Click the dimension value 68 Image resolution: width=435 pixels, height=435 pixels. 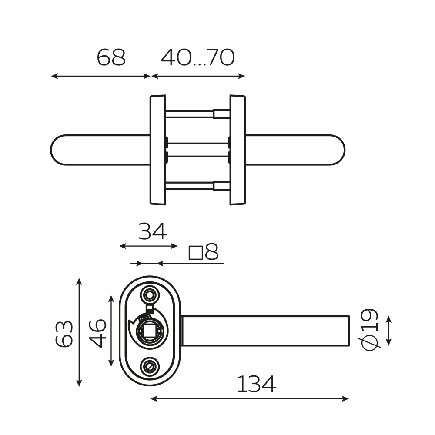[111, 58]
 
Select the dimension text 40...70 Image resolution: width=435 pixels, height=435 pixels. [198, 58]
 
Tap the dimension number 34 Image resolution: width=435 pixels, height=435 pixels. [152, 232]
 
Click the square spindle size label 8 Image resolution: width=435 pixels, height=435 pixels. [204, 252]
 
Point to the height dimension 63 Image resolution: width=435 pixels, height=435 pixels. [64, 334]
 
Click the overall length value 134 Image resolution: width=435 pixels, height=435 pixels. [256, 385]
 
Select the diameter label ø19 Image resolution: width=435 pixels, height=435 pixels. [370, 329]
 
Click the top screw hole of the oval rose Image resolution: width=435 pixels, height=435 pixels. [150, 295]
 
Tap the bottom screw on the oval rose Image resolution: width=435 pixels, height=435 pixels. [150, 367]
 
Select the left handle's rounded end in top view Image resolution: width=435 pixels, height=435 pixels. [59, 150]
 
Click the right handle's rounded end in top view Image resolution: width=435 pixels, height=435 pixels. [337, 150]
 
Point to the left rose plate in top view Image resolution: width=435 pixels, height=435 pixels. [158, 150]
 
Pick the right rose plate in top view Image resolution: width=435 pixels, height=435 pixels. [238, 150]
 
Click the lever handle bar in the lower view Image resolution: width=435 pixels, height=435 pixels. [265, 331]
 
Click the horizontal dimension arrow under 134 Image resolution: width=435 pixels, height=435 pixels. [249, 398]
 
